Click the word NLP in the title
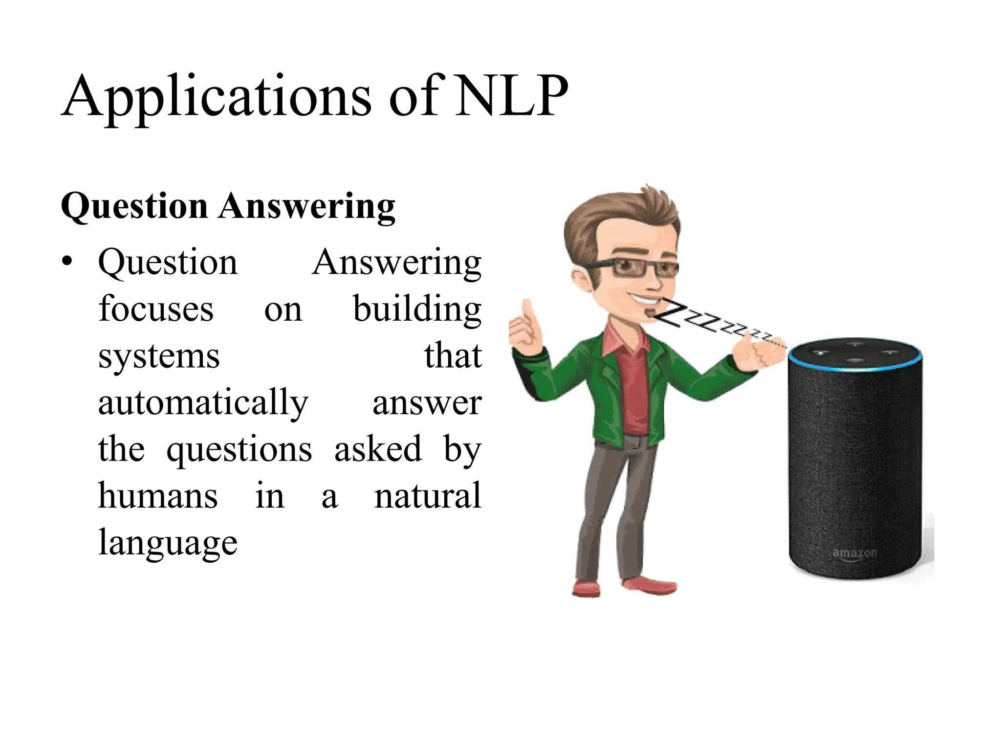click(x=511, y=96)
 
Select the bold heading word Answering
click(x=307, y=206)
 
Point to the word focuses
click(x=156, y=309)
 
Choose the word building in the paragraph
click(x=417, y=310)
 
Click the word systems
click(x=159, y=357)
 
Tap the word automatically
click(x=203, y=404)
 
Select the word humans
click(x=158, y=496)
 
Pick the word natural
click(x=428, y=496)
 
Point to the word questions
click(x=239, y=450)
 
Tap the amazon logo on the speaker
click(x=854, y=553)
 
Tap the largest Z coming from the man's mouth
click(x=670, y=315)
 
